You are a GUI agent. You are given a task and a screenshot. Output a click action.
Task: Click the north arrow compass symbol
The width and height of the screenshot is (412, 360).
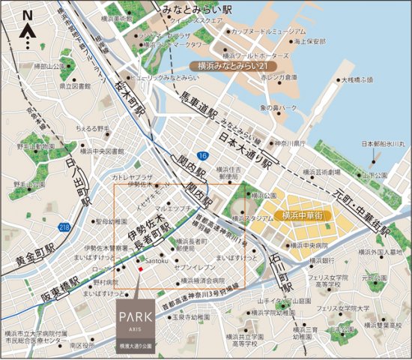pyautogui.click(x=27, y=29)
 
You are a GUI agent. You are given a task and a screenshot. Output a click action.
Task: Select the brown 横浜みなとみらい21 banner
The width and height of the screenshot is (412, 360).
pyautogui.click(x=236, y=66)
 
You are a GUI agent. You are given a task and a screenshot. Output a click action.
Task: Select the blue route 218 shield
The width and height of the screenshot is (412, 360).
pyautogui.click(x=66, y=227)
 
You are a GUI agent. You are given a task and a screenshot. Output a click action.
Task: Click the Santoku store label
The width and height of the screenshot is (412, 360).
pyautogui.click(x=157, y=260)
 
